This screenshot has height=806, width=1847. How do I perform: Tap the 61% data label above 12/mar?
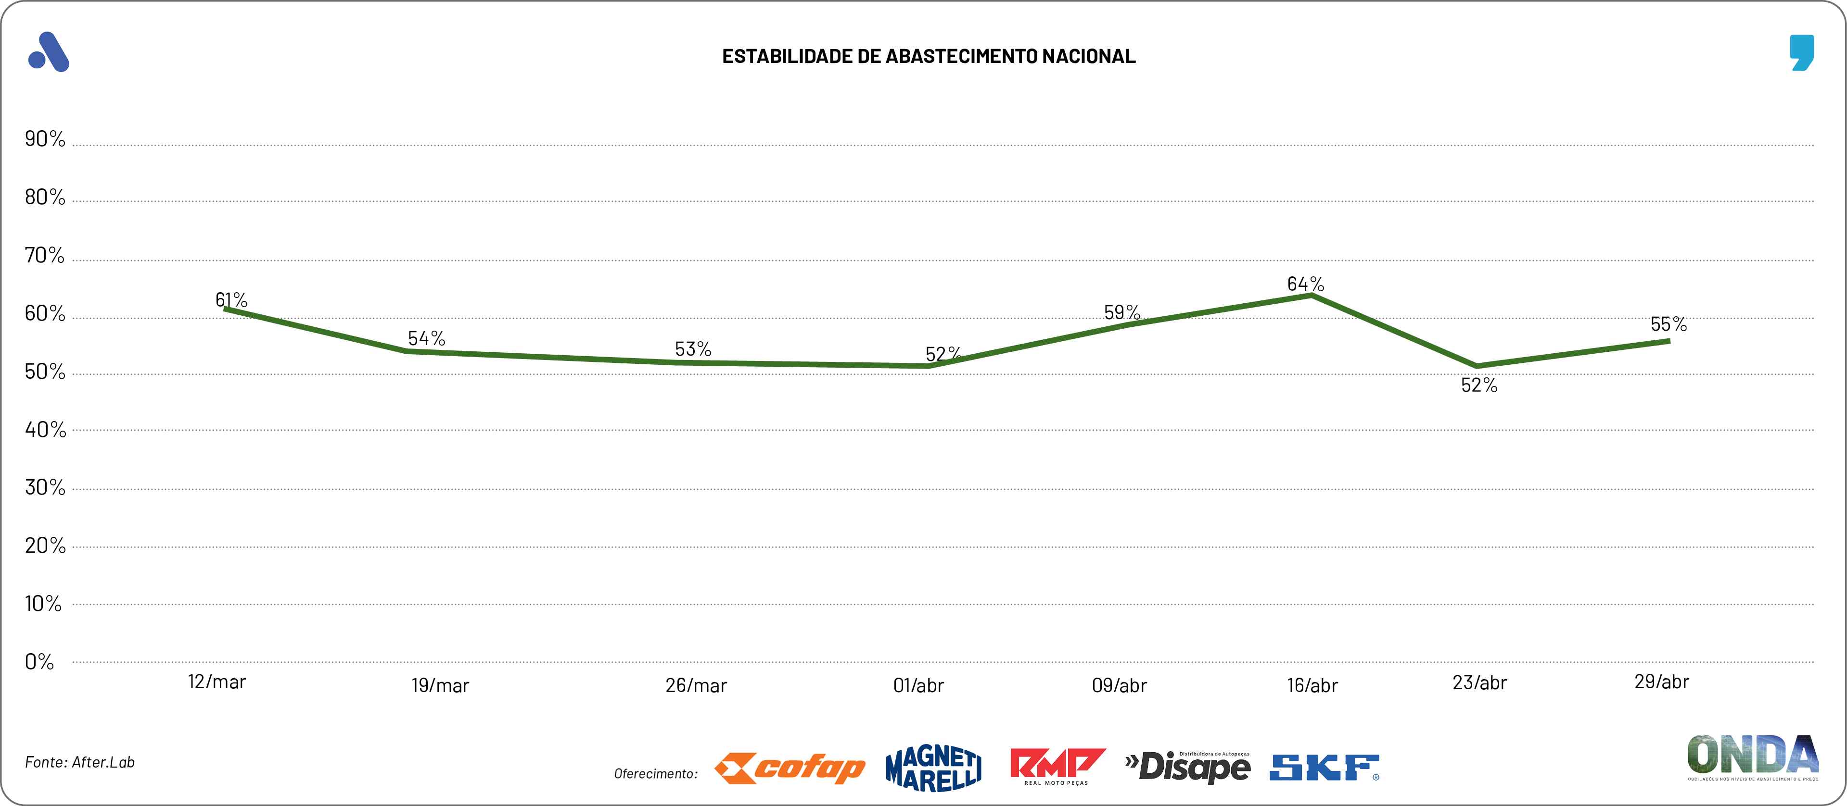(x=231, y=299)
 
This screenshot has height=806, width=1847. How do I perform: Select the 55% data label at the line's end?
(x=1669, y=324)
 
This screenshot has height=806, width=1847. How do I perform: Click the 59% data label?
(x=1121, y=312)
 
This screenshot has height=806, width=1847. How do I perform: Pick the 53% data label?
(x=693, y=349)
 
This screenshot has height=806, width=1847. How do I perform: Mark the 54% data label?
(x=427, y=338)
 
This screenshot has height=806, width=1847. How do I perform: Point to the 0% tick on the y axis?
(x=39, y=661)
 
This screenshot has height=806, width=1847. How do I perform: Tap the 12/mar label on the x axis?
(x=217, y=682)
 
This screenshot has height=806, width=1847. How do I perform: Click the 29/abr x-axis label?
(x=1661, y=682)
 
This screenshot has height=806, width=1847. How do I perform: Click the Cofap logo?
(x=790, y=768)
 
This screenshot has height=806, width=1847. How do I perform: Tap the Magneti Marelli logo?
(x=933, y=769)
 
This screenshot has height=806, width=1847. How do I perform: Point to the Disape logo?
(x=1187, y=767)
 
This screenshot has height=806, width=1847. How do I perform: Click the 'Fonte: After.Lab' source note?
(x=79, y=762)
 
